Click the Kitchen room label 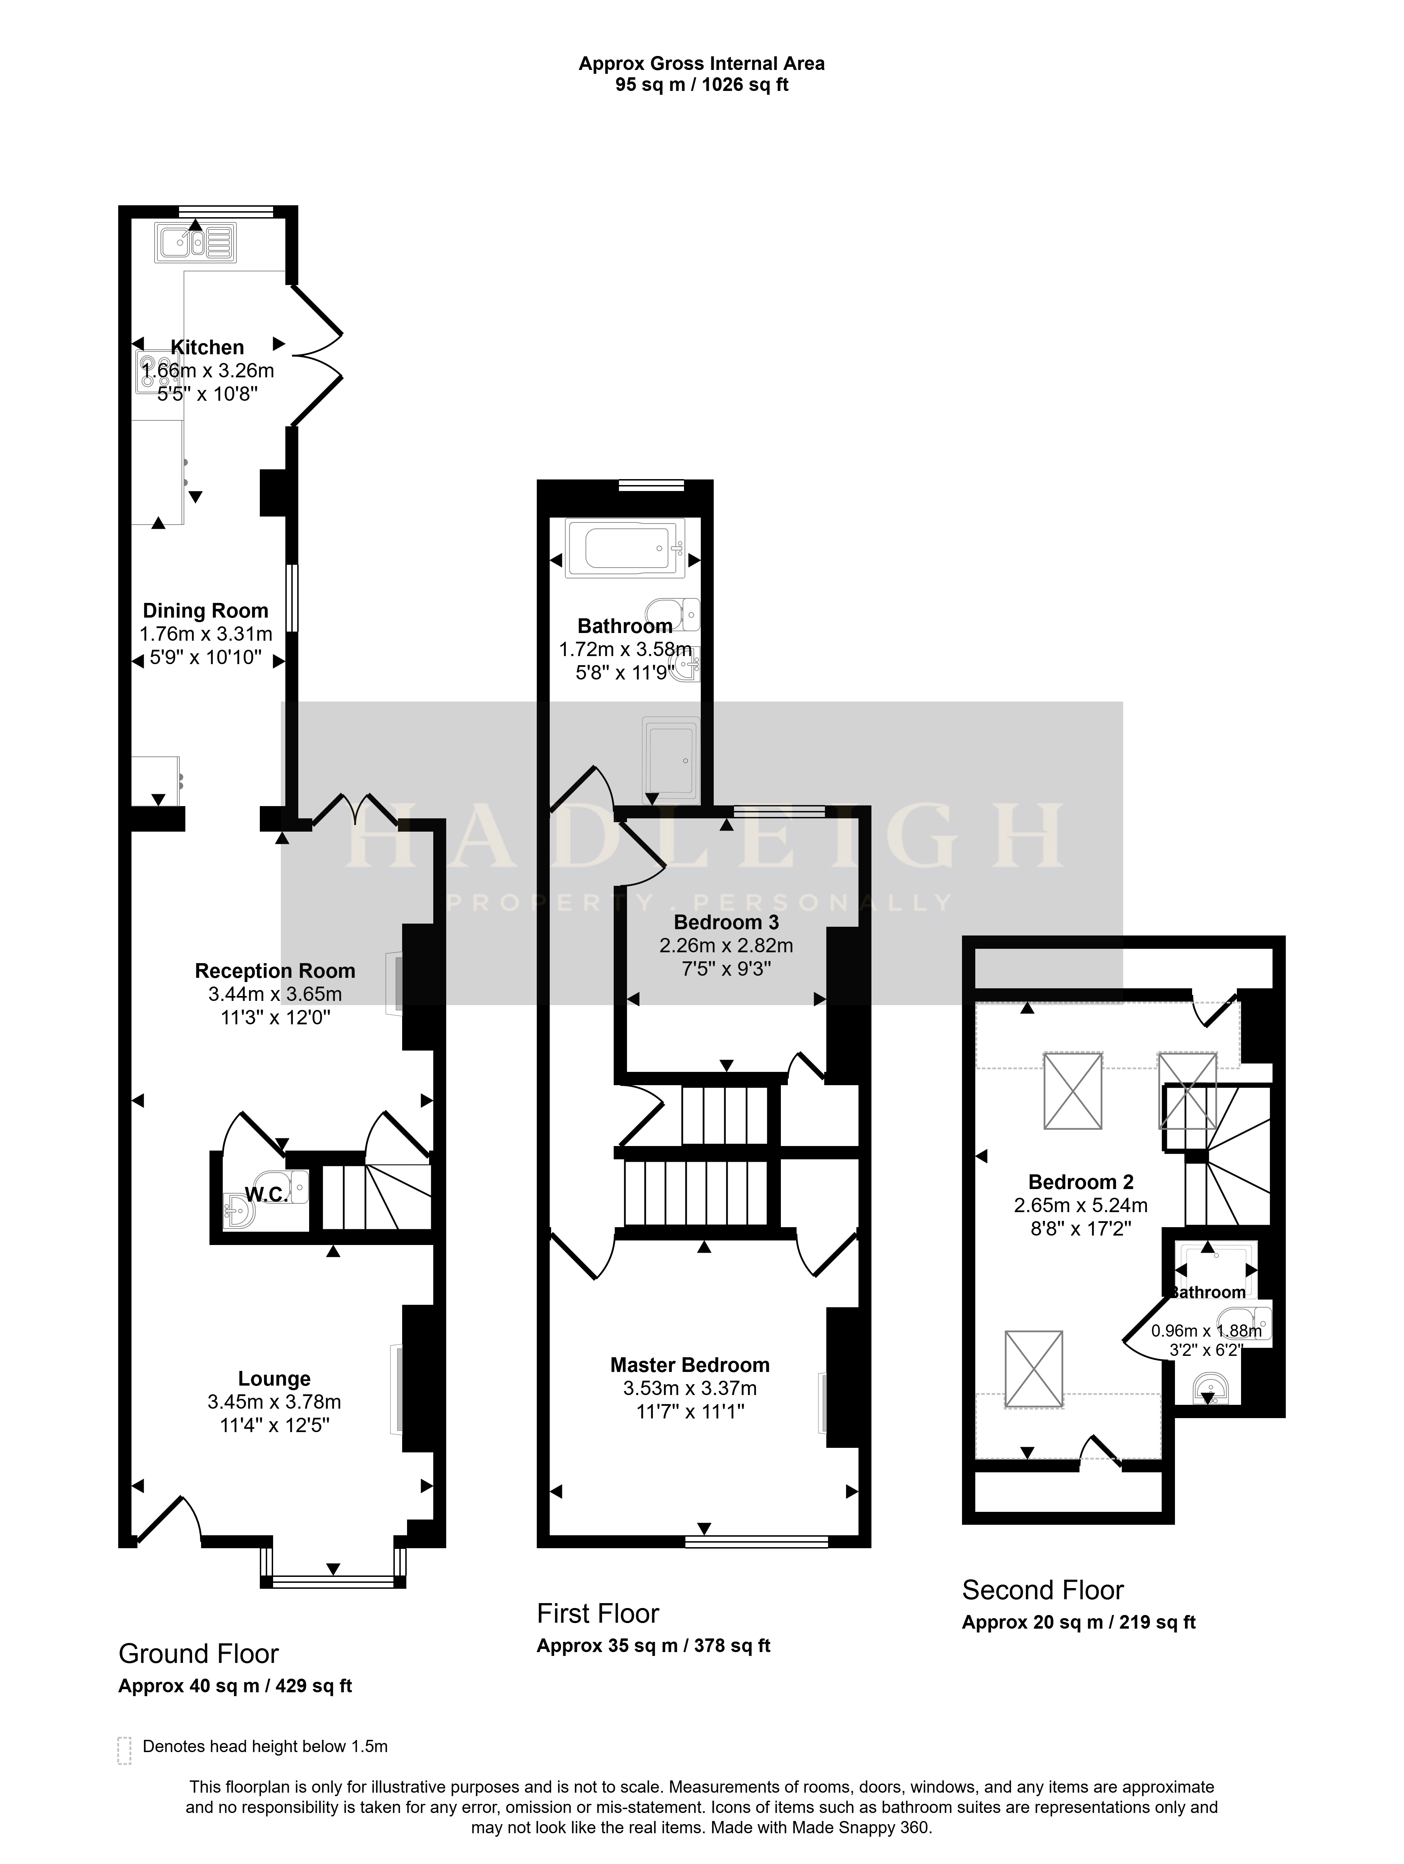point(207,347)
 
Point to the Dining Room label point(206,611)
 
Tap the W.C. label point(266,1194)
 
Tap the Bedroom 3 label point(726,923)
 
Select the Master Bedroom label point(690,1365)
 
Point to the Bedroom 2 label point(1081,1182)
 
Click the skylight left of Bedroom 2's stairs point(1073,1090)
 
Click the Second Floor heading point(1043,1590)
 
